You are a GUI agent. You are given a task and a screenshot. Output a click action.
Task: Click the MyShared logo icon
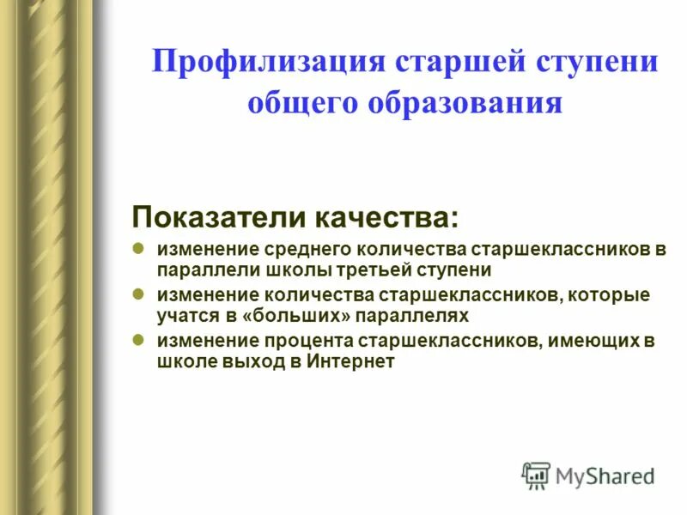(x=536, y=476)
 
